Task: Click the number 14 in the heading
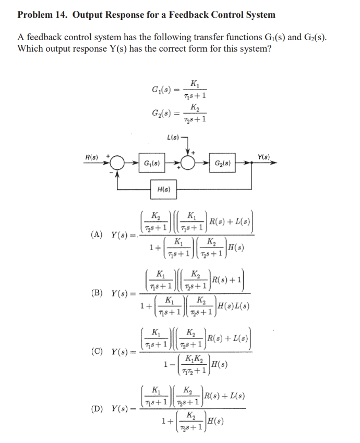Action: tap(59, 15)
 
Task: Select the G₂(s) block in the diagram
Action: tap(224, 163)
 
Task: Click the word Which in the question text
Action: tap(30, 48)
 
